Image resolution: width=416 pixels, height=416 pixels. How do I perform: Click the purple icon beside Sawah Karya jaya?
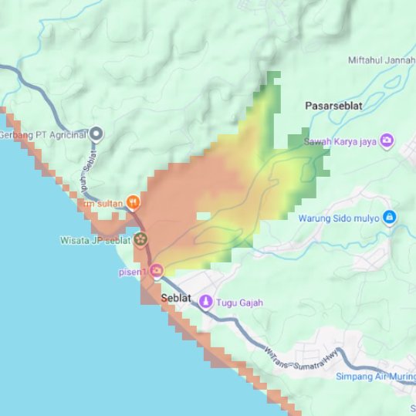387,140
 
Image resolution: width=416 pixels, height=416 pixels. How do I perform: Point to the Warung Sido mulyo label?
339,218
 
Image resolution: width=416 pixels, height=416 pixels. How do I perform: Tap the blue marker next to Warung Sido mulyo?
389,218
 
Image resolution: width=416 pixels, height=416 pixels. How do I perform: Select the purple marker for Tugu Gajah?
205,302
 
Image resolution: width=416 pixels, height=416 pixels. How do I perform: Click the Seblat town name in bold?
176,299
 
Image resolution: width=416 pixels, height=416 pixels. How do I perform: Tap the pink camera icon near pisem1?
157,270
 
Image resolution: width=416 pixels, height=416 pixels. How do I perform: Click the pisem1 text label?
132,272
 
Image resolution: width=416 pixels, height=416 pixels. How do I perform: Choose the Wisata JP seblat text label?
94,240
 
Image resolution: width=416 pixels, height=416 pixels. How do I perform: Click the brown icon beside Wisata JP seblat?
140,239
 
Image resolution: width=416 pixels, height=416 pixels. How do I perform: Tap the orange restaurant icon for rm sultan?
133,203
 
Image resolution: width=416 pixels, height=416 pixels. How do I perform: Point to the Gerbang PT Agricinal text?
42,135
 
